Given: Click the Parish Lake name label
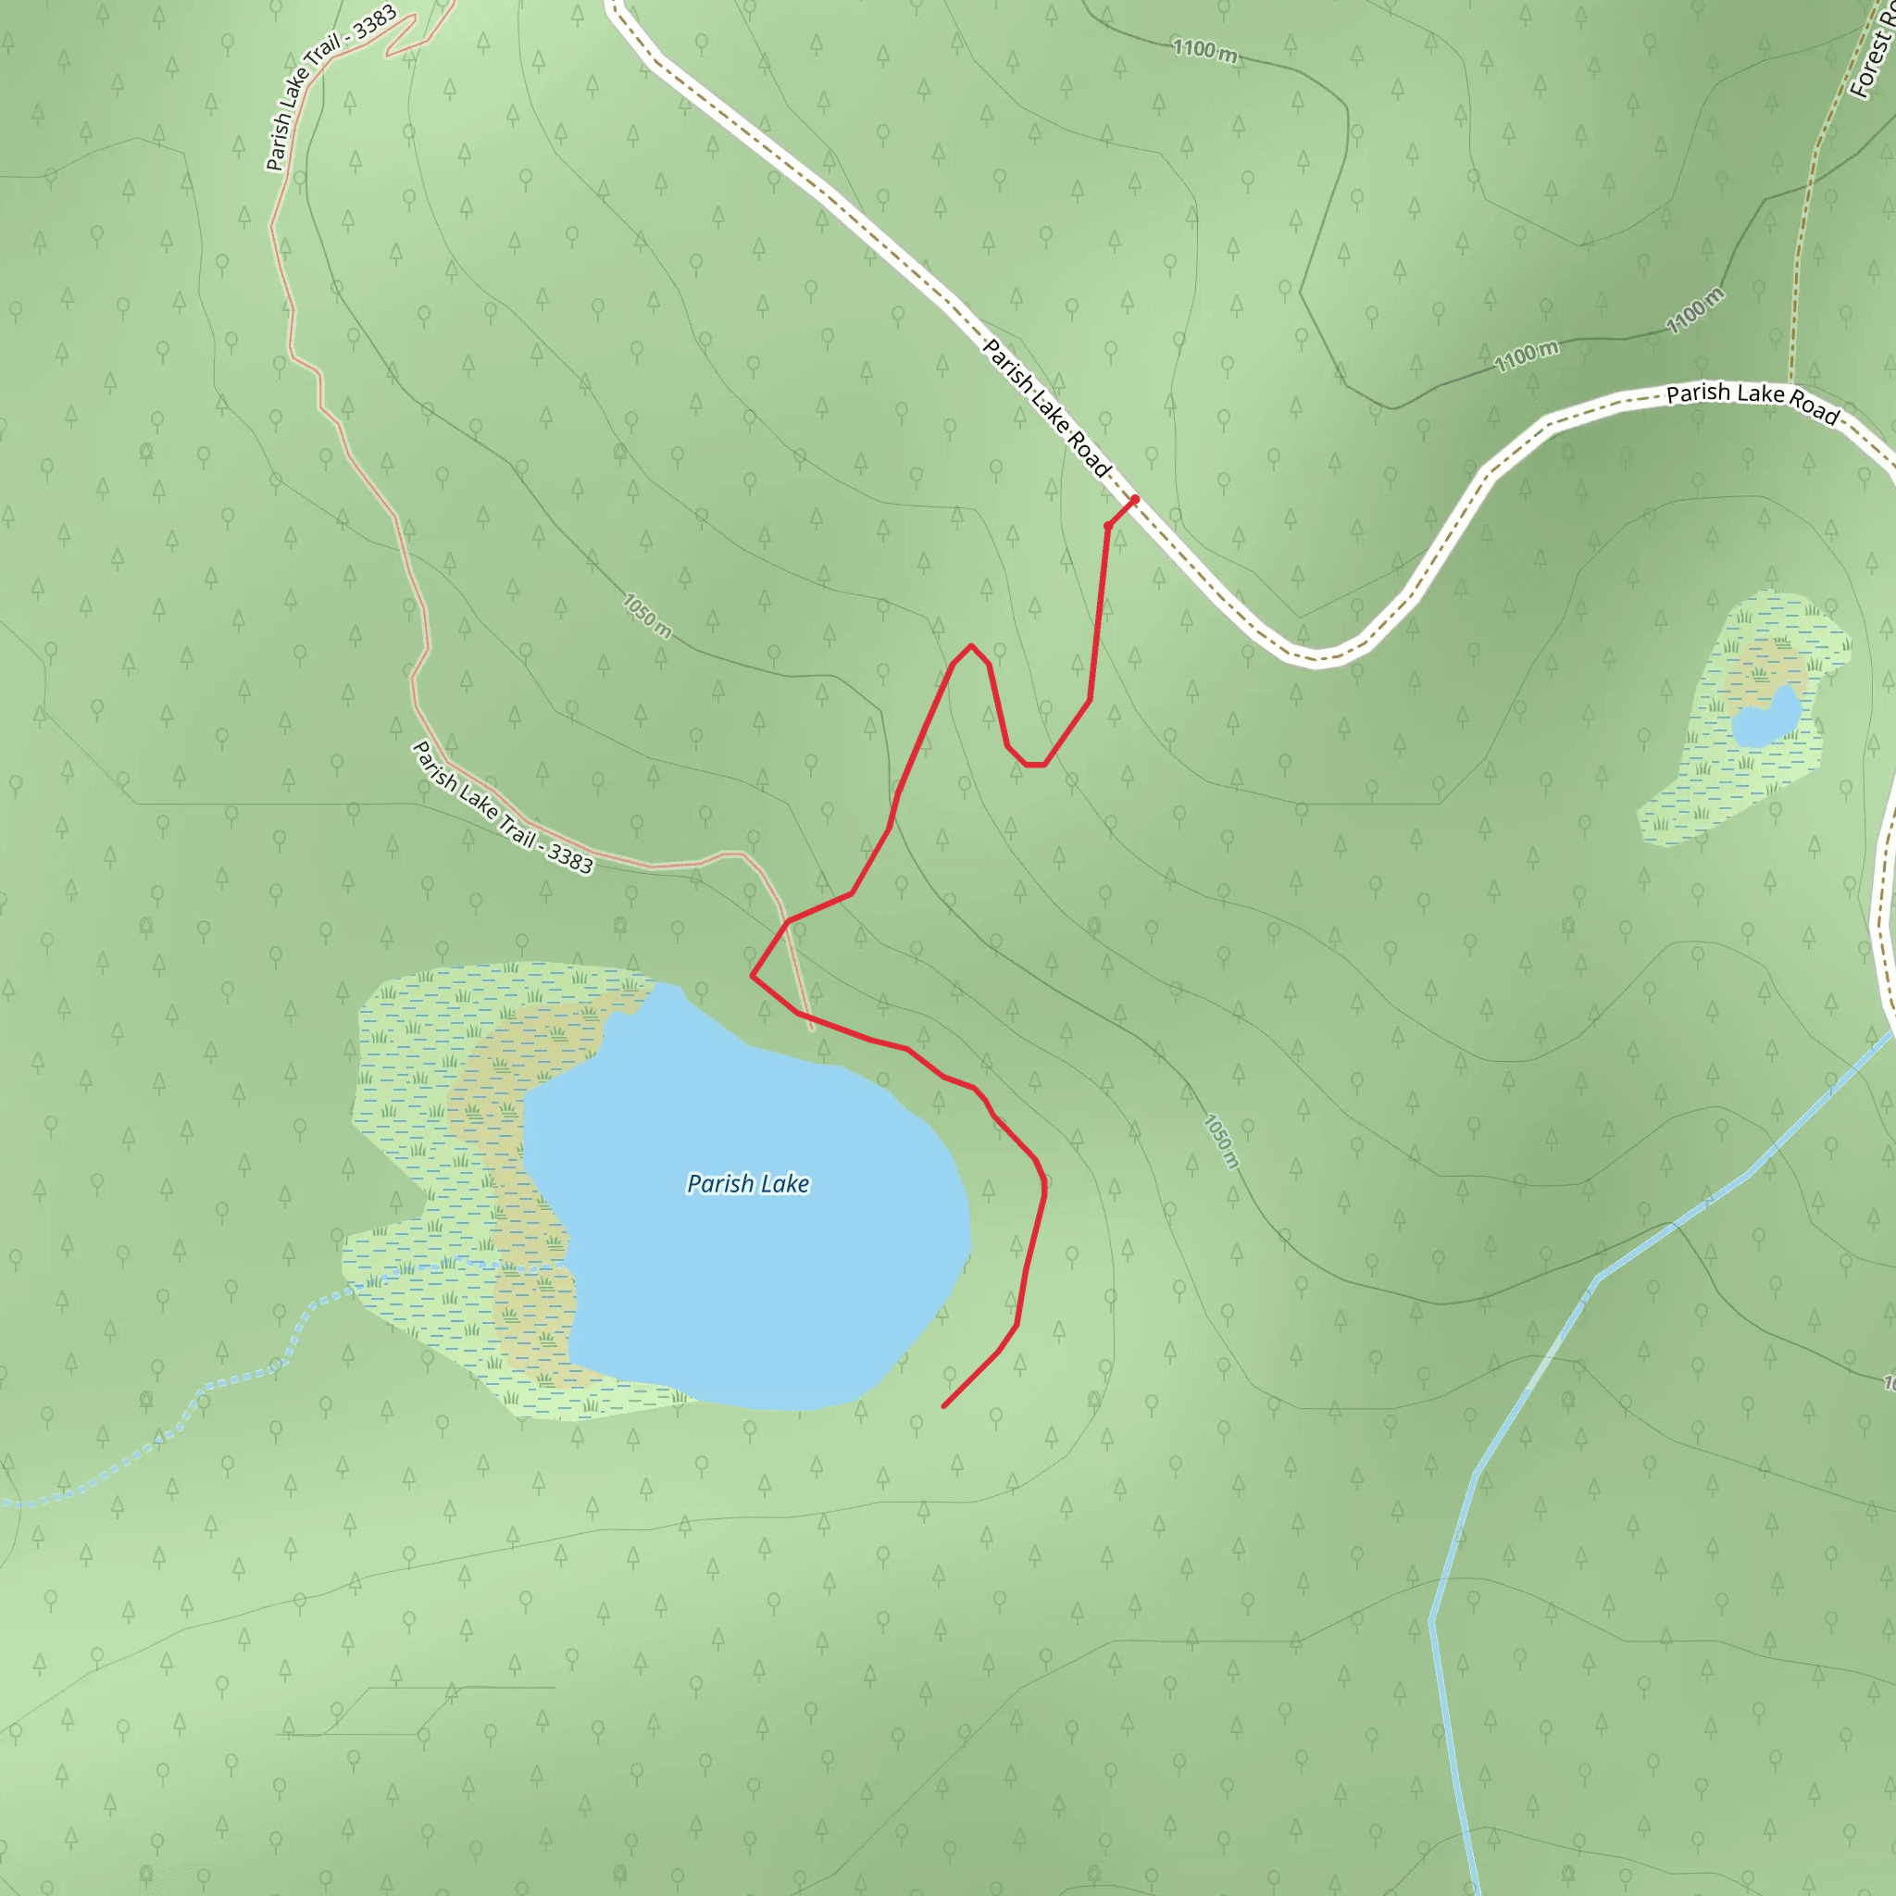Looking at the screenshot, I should coord(748,1183).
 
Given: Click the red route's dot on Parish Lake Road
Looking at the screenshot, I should coord(1134,500).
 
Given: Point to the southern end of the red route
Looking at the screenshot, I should coord(944,1406).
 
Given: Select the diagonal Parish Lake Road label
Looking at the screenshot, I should coord(1046,407).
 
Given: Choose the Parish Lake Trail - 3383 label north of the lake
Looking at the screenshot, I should coord(502,807).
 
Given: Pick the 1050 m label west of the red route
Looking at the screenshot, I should coord(647,616).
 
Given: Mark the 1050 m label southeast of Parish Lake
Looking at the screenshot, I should coord(1222,1141).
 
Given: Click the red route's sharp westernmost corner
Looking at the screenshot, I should coord(752,976).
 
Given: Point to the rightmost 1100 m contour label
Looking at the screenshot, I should coord(1695,310).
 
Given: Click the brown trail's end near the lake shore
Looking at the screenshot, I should coord(812,1029).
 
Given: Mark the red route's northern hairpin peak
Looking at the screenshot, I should coord(970,646).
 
